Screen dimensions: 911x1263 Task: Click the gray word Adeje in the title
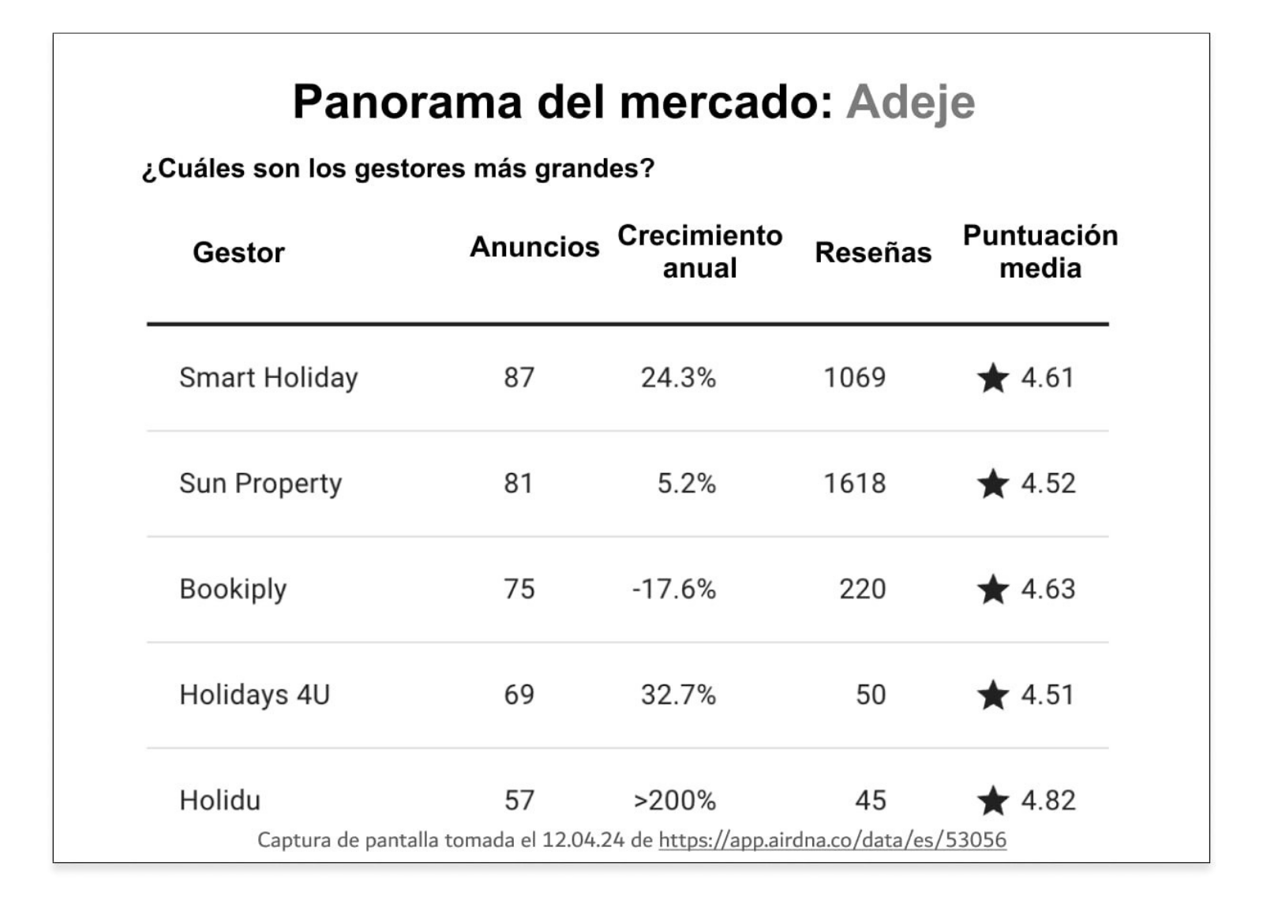coord(910,103)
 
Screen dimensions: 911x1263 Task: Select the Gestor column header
coord(238,253)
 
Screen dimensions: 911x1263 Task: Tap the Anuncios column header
coord(534,247)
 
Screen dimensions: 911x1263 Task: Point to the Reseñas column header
coord(873,253)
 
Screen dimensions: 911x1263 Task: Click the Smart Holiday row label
coord(268,378)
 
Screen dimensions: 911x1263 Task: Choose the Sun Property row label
coord(260,484)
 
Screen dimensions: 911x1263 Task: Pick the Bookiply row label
coord(233,590)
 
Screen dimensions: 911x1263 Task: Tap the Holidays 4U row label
coord(254,695)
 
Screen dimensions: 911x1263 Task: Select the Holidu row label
coord(219,800)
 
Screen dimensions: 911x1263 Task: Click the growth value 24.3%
coord(678,378)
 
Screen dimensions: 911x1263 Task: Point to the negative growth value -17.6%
coord(673,590)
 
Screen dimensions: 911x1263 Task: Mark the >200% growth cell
coord(674,800)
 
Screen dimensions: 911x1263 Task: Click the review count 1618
coord(854,484)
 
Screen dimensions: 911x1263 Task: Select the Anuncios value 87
coord(519,378)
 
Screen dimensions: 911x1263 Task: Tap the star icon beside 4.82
coord(992,800)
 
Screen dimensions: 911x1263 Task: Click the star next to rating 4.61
coord(992,378)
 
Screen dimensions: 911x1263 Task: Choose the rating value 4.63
coord(1048,590)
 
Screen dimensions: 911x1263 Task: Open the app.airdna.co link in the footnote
coord(832,840)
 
